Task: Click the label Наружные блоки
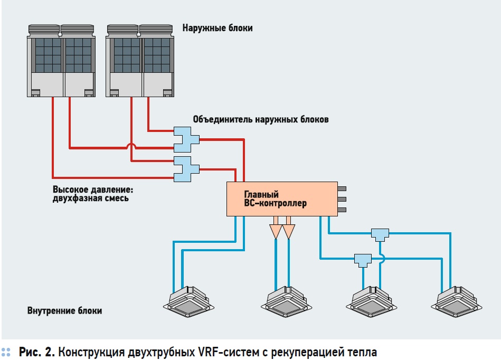[218, 28]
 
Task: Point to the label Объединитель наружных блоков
[261, 120]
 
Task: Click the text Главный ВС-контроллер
[275, 199]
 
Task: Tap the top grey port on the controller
[342, 188]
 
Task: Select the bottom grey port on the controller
[342, 210]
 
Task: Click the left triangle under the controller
[276, 231]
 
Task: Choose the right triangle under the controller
[289, 231]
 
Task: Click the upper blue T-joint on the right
[380, 233]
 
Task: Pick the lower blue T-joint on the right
[362, 259]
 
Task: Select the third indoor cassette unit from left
[373, 301]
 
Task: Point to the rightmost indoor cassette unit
[457, 301]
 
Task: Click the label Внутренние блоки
[64, 311]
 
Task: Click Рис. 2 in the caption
[37, 352]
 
